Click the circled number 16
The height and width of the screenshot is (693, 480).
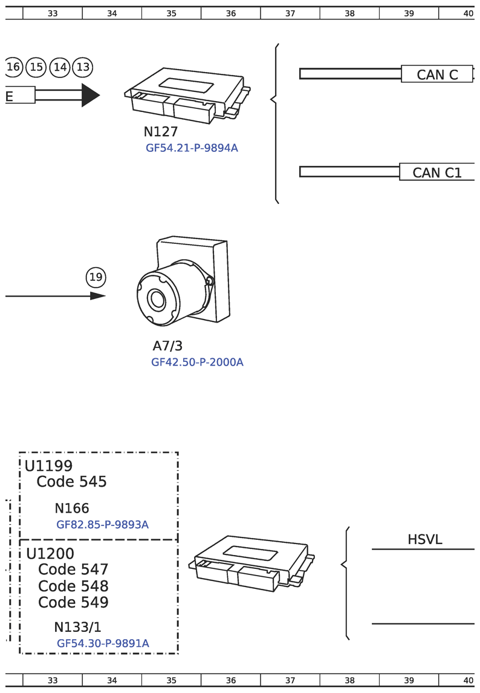tap(13, 67)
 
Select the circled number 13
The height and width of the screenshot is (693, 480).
tap(83, 67)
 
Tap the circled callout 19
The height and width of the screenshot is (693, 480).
tap(96, 278)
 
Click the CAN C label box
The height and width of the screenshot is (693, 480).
tap(436, 74)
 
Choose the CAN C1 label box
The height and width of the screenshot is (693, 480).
tap(436, 172)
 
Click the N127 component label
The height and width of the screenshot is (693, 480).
tap(161, 132)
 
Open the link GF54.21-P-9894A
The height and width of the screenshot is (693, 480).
tap(192, 148)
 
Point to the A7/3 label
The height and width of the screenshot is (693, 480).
tap(167, 346)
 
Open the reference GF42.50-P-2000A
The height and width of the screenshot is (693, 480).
tap(197, 363)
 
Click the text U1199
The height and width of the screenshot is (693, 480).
tap(48, 466)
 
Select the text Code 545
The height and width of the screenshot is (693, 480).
tap(71, 482)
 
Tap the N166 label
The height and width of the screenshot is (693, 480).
tap(72, 508)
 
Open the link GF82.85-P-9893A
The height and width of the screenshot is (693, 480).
tap(102, 525)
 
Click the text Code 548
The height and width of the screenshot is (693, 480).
tap(73, 586)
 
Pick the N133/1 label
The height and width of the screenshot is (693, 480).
tap(77, 627)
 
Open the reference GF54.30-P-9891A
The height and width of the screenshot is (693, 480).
tap(103, 643)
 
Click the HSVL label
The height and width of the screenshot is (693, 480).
tap(424, 540)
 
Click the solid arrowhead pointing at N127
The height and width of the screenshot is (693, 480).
tap(90, 95)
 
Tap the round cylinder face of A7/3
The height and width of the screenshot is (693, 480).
tap(157, 300)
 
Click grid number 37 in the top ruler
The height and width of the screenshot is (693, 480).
tap(290, 13)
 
